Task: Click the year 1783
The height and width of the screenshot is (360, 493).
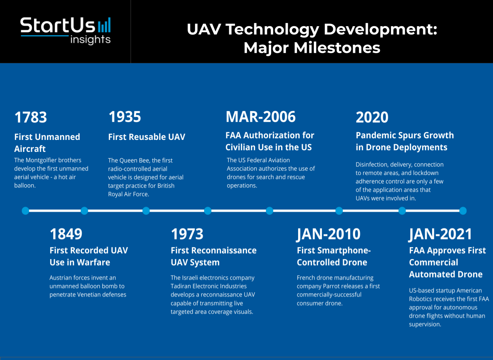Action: [x=30, y=117]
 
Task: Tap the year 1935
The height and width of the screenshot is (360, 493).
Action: [x=124, y=117]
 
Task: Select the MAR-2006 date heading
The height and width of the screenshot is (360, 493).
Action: [x=261, y=117]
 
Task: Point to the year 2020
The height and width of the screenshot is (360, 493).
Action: [x=372, y=117]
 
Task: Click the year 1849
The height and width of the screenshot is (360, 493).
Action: [x=66, y=234]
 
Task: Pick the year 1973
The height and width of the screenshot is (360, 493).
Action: [x=187, y=234]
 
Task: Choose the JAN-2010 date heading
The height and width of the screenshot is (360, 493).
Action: [x=329, y=234]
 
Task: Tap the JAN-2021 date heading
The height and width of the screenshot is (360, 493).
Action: [x=440, y=234]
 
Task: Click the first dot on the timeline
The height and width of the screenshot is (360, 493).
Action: [x=25, y=211]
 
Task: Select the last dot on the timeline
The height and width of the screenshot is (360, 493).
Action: [x=463, y=211]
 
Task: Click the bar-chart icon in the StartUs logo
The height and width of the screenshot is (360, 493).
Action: [x=104, y=25]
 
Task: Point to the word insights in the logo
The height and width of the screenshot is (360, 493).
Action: [x=90, y=40]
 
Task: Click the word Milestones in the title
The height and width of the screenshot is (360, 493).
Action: [x=337, y=48]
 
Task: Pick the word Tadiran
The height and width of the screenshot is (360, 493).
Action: [x=181, y=286]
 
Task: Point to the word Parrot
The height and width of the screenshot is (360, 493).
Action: [x=332, y=286]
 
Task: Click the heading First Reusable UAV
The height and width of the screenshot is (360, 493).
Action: [x=147, y=137]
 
